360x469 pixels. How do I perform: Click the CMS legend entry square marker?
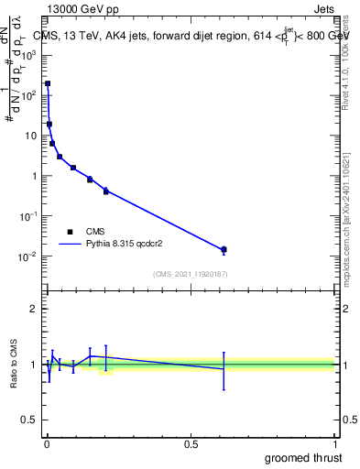coord(70,232)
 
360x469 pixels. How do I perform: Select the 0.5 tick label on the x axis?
coord(191,444)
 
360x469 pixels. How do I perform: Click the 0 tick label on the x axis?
coord(47,444)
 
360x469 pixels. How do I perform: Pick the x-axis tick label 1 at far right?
coord(334,444)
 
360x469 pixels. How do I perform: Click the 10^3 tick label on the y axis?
coord(29,54)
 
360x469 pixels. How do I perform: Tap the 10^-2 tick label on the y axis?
coord(28,256)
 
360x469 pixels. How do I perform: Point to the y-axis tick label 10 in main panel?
coord(32,136)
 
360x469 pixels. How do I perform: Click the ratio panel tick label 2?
coord(34,309)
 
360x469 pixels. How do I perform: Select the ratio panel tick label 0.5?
coord(30,420)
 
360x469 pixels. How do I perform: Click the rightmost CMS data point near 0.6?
coord(224,249)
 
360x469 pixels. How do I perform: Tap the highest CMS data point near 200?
coord(48,83)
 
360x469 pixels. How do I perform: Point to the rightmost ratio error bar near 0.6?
coord(224,370)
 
